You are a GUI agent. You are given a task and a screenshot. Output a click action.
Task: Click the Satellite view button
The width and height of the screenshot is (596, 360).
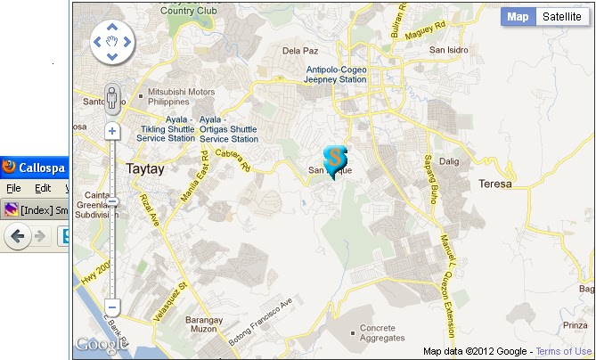pyautogui.click(x=561, y=17)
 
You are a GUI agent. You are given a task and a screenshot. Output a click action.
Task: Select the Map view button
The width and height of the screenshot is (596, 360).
pyautogui.click(x=518, y=17)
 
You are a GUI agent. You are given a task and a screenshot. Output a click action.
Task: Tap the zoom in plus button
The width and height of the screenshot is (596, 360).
pyautogui.click(x=112, y=132)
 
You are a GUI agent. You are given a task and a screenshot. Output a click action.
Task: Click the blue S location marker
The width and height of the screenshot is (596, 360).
pyautogui.click(x=334, y=159)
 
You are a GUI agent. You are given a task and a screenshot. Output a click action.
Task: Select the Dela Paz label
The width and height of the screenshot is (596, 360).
pyautogui.click(x=300, y=51)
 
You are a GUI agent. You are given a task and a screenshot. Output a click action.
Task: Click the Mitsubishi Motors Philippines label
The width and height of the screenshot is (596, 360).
pyautogui.click(x=181, y=96)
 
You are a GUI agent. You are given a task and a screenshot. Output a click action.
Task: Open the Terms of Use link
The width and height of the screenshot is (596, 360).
pyautogui.click(x=564, y=352)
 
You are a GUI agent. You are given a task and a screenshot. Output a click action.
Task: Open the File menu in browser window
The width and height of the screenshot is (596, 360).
pyautogui.click(x=13, y=189)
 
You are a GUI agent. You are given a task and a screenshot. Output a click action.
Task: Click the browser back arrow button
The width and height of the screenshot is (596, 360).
pyautogui.click(x=17, y=235)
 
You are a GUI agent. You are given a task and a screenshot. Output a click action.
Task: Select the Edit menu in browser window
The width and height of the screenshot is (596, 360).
pyautogui.click(x=43, y=189)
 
